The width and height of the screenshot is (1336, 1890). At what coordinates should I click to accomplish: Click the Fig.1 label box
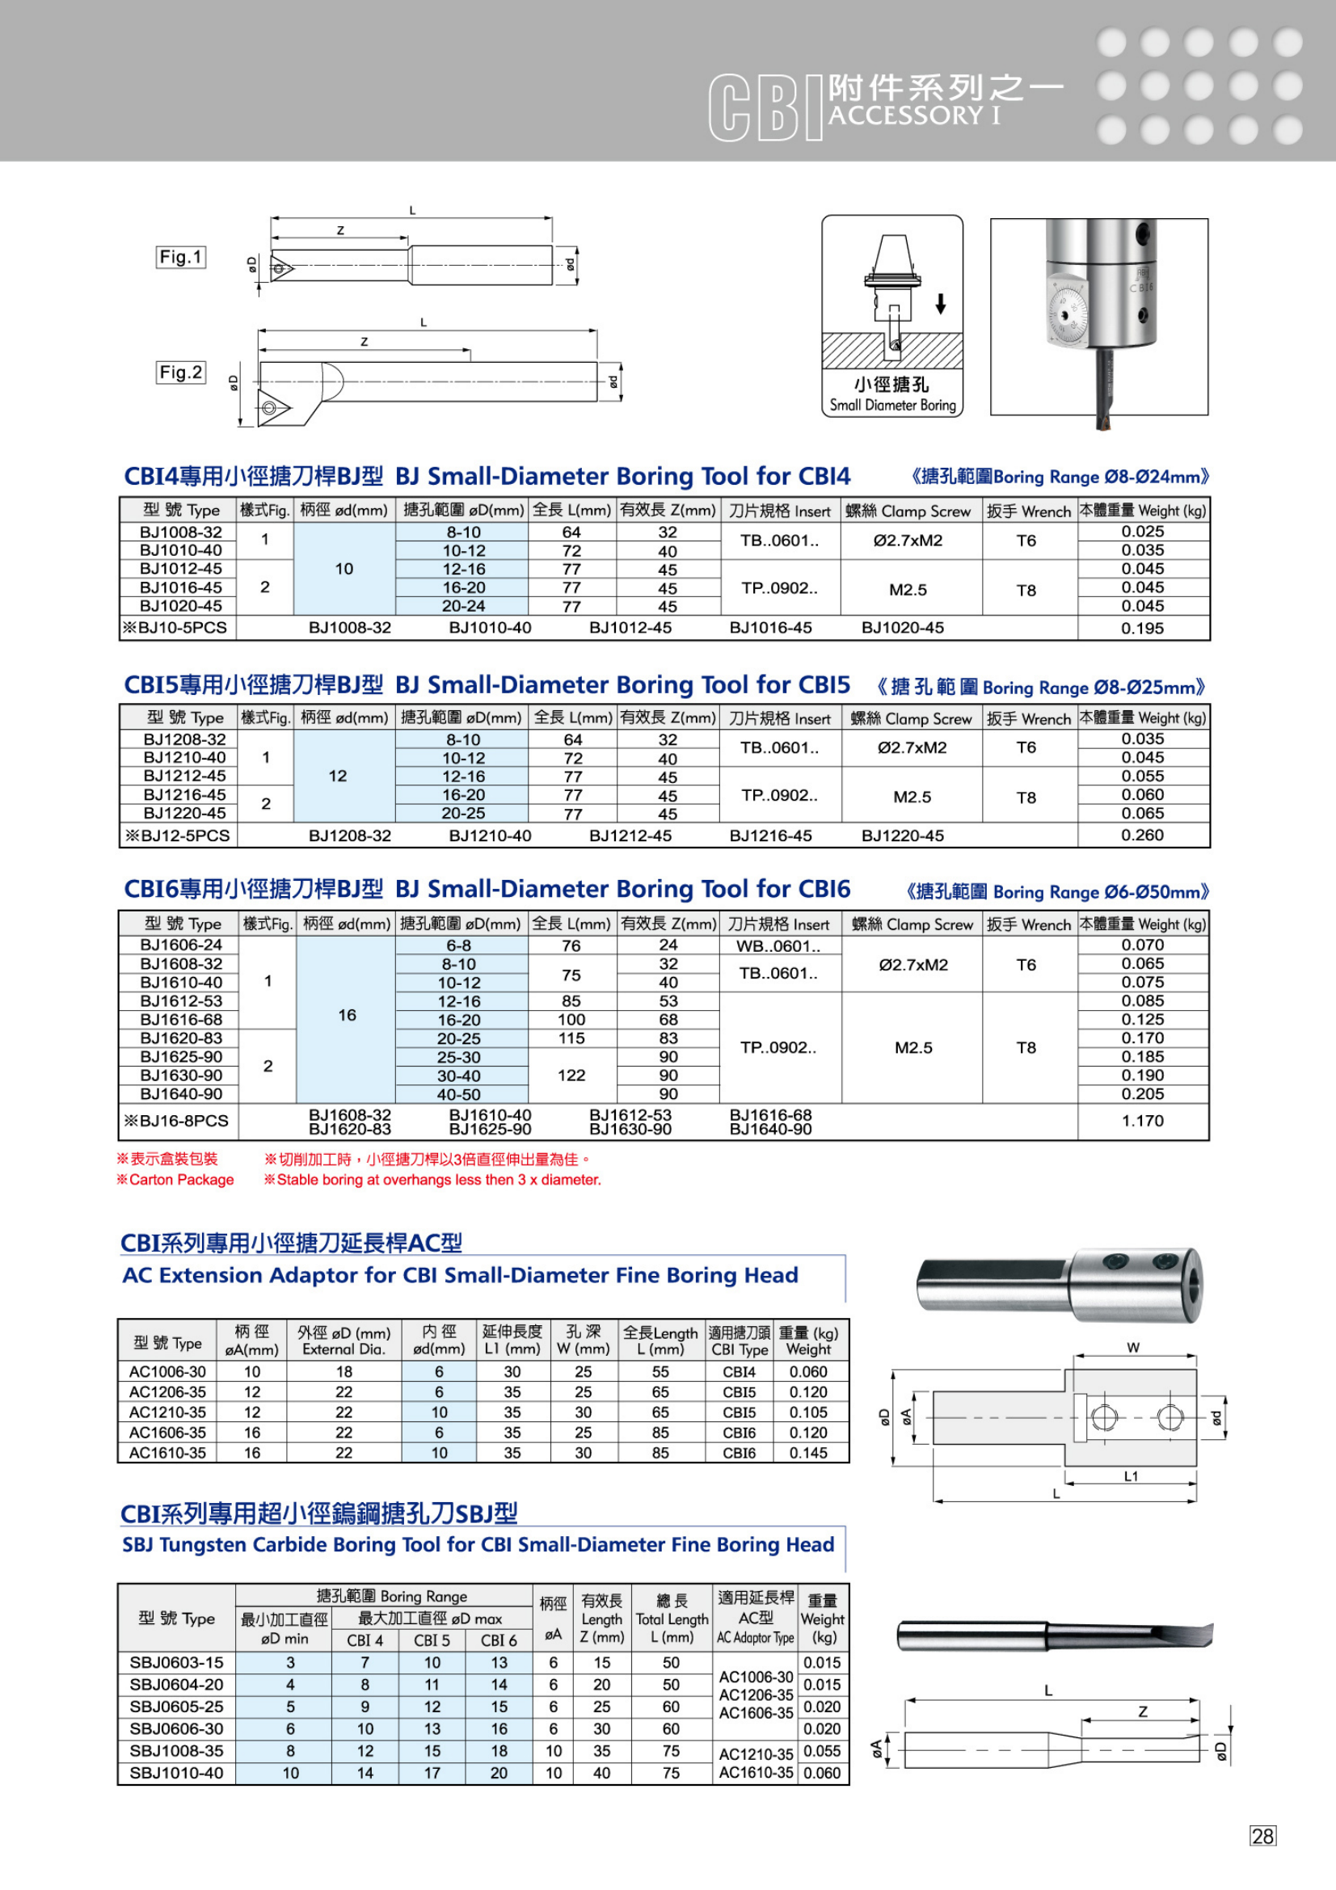coord(180,257)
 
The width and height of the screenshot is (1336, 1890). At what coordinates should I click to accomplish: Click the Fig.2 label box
coord(180,372)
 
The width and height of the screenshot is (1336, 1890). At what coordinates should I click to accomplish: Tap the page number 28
coord(1262,1836)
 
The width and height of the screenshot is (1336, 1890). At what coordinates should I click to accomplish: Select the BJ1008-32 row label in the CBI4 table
coord(180,532)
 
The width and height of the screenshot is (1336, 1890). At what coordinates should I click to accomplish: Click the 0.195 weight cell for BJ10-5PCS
coord(1143,628)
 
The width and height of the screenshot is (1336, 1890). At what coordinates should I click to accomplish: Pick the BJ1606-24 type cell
coord(180,945)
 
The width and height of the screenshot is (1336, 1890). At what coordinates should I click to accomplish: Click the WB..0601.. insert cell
coord(778,946)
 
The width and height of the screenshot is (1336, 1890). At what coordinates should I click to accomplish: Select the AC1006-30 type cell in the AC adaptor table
coord(167,1371)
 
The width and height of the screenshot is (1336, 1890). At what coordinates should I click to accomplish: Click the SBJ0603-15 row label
coord(176,1662)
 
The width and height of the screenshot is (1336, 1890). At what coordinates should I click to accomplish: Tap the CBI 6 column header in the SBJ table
coord(499,1640)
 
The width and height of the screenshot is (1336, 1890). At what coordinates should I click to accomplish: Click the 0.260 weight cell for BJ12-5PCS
coord(1143,835)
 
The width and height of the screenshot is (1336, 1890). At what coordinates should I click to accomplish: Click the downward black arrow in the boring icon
coord(941,304)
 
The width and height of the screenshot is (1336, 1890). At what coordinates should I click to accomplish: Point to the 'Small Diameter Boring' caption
coord(892,405)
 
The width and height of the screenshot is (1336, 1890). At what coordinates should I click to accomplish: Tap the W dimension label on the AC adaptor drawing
coord(1133,1348)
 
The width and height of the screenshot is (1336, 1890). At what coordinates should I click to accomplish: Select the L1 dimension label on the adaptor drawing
coord(1131,1476)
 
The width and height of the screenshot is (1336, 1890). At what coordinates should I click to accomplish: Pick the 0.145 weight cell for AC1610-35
coord(808,1453)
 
